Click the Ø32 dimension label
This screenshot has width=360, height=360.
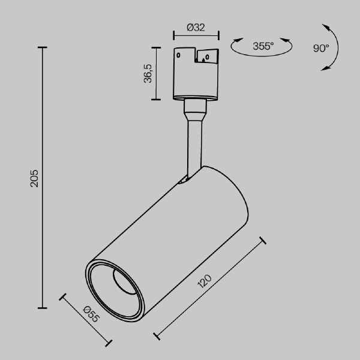196,26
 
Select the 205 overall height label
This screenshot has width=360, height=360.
34,178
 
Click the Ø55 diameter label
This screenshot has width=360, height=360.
91,314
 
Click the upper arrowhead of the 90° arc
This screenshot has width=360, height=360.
326,27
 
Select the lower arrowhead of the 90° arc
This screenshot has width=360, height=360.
326,68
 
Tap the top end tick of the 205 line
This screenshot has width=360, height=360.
43,47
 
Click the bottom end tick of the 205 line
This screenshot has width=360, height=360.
43,308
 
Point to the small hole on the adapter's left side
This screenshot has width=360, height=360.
179,53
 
